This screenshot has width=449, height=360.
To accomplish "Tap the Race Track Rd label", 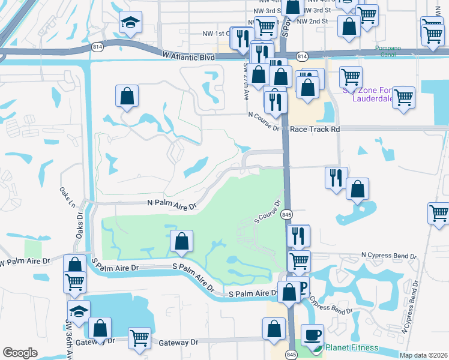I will (315, 129).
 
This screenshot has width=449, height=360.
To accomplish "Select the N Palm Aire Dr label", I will (172, 204).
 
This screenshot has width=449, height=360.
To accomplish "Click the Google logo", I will (20, 353).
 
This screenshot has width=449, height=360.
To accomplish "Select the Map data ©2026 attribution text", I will (423, 355).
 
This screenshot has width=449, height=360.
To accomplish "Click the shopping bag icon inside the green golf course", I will (182, 241).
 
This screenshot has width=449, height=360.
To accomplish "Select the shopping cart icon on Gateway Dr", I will (139, 338).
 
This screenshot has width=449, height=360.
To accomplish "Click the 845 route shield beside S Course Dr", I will (286, 214).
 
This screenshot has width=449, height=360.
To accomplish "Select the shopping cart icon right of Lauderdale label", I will (403, 97).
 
